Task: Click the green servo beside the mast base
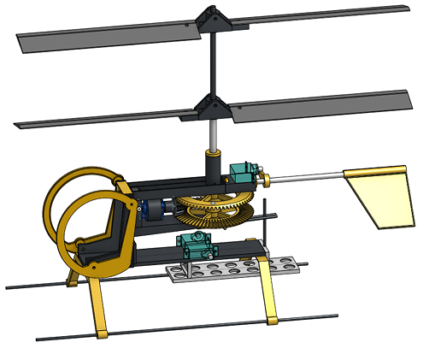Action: (x=244, y=172)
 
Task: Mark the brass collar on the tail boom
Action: (x=265, y=180)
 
